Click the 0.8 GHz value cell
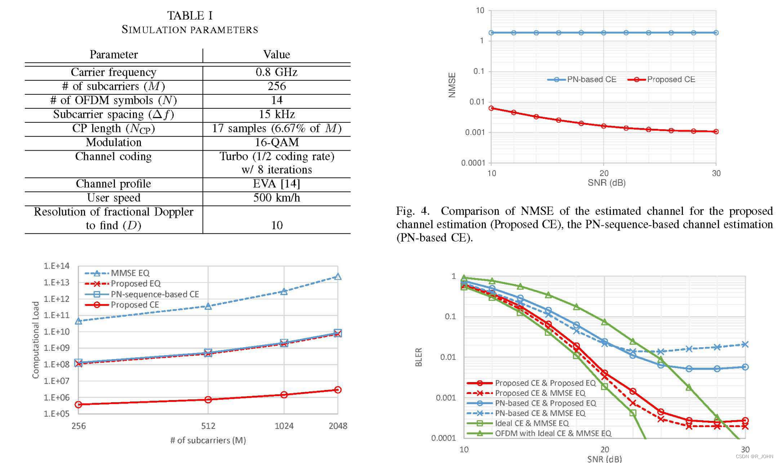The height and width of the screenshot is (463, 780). (x=276, y=72)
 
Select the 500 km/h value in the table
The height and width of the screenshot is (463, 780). (x=276, y=198)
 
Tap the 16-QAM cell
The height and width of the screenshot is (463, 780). (x=276, y=142)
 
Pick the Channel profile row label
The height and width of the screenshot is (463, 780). (x=113, y=183)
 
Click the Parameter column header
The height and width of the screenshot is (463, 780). (x=113, y=55)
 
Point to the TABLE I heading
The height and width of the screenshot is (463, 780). (x=190, y=16)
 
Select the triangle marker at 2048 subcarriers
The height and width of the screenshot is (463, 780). (x=338, y=276)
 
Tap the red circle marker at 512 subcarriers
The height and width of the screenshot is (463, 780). (x=208, y=399)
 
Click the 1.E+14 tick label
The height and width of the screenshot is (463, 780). (x=56, y=266)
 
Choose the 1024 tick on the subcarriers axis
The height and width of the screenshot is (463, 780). (x=284, y=426)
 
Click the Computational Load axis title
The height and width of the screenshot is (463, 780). (x=36, y=340)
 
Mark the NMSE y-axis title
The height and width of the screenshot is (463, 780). (x=452, y=85)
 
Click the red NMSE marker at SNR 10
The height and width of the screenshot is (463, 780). (x=491, y=108)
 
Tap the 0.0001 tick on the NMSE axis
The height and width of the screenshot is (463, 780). (x=473, y=163)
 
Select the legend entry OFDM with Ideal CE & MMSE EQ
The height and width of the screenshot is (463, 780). (x=553, y=433)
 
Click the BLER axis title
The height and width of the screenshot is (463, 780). (x=418, y=357)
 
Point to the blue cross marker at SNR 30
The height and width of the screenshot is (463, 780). (x=745, y=345)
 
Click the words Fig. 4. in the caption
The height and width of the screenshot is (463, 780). (x=412, y=211)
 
